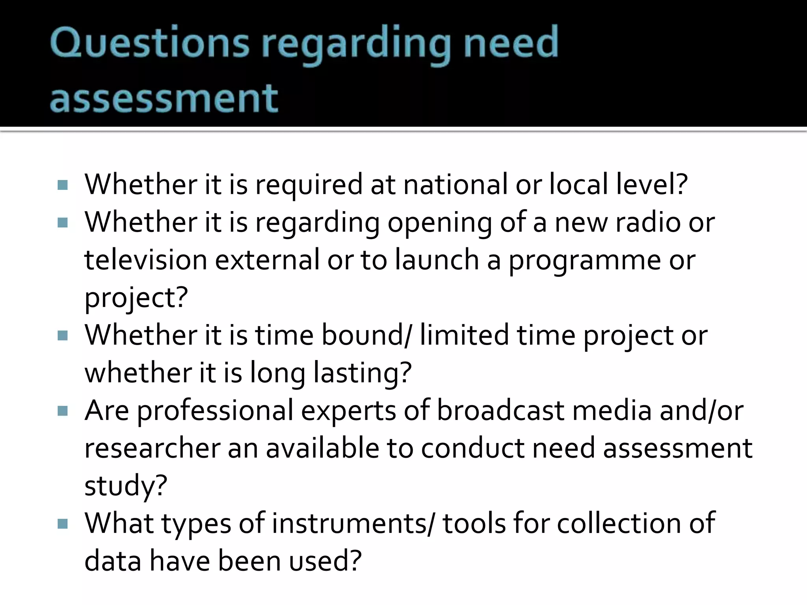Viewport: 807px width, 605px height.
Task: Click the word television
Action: tap(145, 260)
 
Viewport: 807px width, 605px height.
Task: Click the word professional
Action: tap(215, 411)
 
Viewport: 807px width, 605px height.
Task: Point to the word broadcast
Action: tap(500, 410)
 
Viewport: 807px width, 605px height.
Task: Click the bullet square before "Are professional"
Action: tap(63, 411)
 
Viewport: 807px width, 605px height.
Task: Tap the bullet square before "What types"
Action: tap(63, 524)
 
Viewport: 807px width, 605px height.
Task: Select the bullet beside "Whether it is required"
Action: tap(63, 185)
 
